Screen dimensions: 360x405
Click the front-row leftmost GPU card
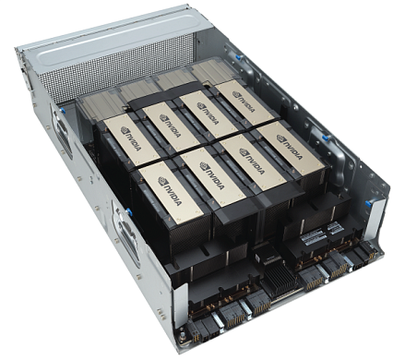click(x=165, y=193)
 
